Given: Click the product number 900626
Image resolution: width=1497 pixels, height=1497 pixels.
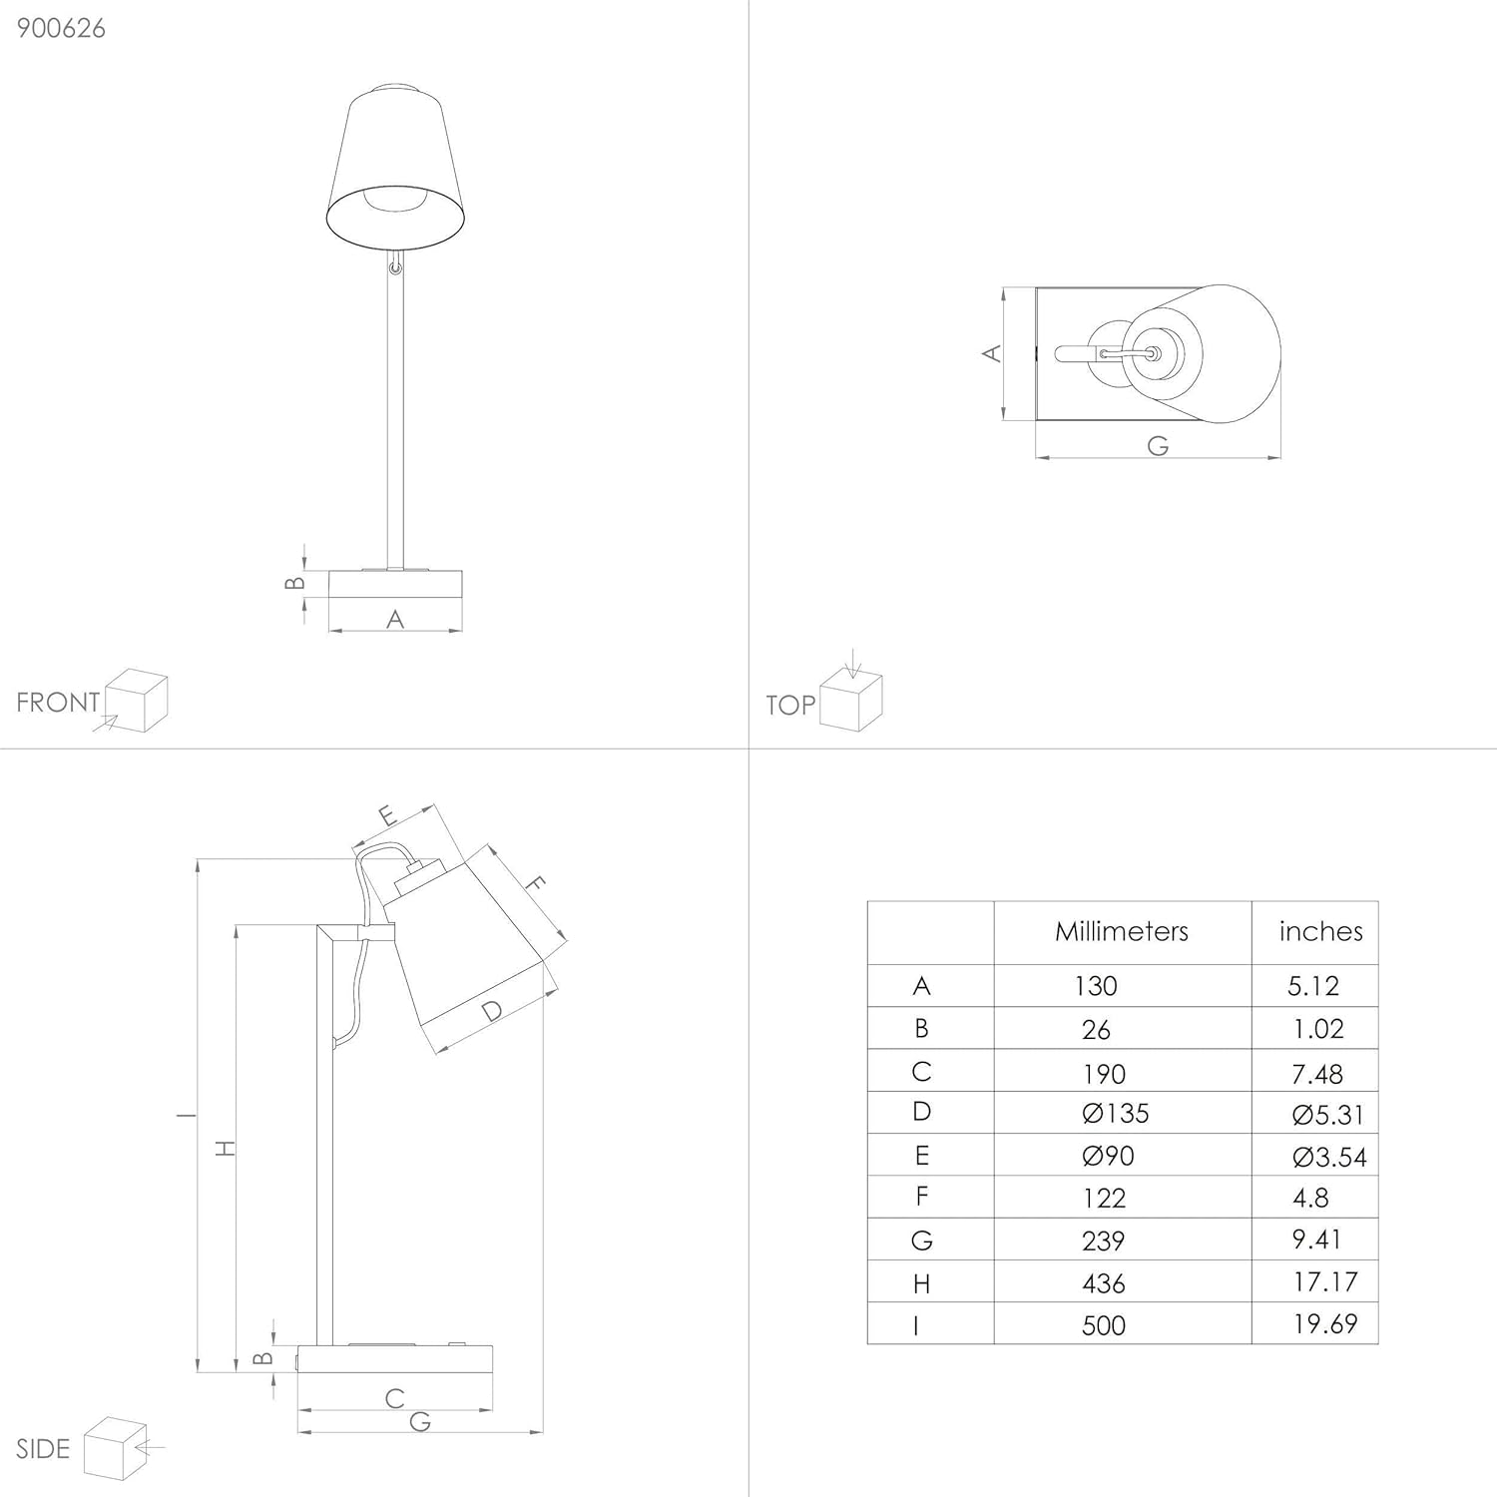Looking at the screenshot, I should coord(61,28).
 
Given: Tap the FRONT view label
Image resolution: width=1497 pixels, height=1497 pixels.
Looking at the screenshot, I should coord(58,703).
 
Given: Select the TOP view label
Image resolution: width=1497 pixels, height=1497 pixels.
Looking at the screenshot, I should coord(790,706).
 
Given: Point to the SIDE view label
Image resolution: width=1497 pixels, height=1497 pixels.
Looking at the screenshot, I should coord(43,1449).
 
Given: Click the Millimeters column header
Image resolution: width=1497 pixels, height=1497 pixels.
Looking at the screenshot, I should coord(1122,932).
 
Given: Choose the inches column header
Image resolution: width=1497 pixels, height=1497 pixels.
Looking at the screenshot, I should coord(1320,932).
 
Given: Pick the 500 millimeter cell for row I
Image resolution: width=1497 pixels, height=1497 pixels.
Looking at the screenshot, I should coord(1103,1325).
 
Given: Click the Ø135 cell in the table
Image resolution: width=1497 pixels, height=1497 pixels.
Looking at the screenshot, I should coord(1115,1113).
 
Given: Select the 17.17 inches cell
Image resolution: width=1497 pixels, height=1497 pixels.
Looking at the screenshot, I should coord(1324,1281).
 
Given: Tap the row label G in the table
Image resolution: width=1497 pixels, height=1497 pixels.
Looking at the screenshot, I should coord(921,1241).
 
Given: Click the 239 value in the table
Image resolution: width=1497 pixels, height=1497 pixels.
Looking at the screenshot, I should coord(1103,1241).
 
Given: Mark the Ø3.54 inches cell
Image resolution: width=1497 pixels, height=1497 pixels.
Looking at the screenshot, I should coord(1328,1157).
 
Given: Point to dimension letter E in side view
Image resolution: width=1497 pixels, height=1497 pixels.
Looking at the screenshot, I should coord(388,815).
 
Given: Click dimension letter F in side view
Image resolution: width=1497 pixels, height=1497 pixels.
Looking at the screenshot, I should coord(536,883).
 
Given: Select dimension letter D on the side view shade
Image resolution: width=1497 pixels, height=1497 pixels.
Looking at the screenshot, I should coord(491,1011).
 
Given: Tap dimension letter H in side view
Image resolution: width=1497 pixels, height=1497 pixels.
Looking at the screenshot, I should coord(227,1148).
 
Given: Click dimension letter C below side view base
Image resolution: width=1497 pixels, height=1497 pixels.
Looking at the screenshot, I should coord(395,1398).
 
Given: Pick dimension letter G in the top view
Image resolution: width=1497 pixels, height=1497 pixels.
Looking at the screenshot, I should coord(1158,445).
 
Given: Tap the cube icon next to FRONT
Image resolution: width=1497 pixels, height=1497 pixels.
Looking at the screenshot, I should coord(137,701).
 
